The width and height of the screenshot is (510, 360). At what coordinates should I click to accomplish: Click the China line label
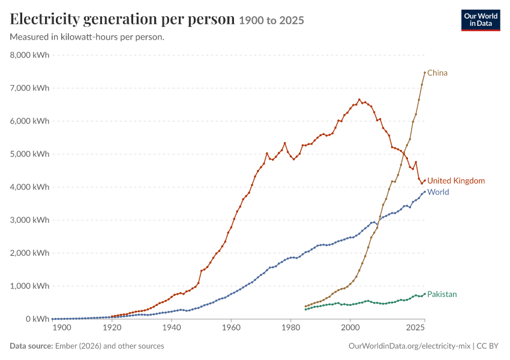point(437,73)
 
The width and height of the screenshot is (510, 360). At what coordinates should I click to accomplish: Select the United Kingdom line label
point(455,181)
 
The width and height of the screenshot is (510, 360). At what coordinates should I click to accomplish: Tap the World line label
point(438,192)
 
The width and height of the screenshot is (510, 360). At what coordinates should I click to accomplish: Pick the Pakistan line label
point(442,295)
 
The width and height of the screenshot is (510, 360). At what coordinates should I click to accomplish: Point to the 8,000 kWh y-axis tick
point(29,55)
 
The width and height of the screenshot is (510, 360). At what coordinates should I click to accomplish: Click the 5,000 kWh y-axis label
point(29,154)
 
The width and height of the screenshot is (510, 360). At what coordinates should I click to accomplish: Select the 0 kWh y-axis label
point(37,319)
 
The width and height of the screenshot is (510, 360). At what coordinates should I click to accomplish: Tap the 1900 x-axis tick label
point(62,328)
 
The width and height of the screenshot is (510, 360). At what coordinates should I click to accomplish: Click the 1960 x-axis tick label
point(231,328)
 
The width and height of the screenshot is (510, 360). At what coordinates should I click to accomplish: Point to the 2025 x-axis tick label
point(415,328)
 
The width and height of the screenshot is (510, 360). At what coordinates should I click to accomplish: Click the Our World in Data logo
point(481,20)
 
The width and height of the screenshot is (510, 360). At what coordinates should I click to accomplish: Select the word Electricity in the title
point(44,19)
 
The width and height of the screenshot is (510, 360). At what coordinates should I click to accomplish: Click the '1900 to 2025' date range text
point(272,20)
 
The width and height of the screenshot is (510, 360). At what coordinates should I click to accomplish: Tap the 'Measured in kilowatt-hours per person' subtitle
point(87,37)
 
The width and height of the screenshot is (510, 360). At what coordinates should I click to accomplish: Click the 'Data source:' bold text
point(31,346)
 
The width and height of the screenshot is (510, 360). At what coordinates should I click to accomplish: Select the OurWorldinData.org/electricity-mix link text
point(409,346)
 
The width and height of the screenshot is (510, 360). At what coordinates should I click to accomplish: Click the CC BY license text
point(487,346)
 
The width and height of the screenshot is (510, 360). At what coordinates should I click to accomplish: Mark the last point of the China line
point(425,73)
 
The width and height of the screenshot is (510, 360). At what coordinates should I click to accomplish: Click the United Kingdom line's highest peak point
point(359,100)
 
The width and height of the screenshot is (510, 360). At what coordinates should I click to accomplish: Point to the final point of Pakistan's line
point(425,294)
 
